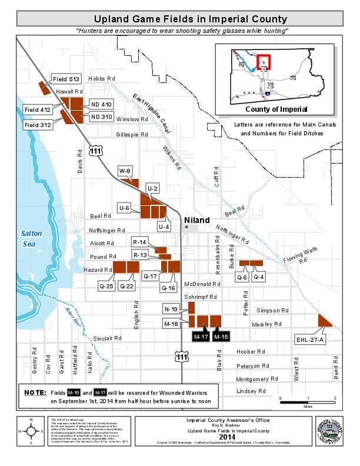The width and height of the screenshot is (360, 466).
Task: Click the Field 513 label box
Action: [x=66, y=79]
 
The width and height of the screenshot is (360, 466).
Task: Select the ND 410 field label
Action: [x=101, y=104]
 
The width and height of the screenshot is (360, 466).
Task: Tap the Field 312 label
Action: [x=37, y=125]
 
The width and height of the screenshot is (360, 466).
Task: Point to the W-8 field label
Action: [x=125, y=171]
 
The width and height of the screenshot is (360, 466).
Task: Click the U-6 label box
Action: [x=124, y=208]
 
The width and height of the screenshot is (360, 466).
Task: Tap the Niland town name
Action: [x=196, y=220]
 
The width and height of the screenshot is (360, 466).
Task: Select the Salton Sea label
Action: [x=30, y=237]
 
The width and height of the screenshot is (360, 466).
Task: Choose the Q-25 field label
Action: [x=106, y=286]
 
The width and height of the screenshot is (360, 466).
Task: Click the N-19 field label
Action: [x=171, y=308]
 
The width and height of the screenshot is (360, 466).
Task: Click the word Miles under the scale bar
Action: [x=324, y=405]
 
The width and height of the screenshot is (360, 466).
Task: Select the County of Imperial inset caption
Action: [x=271, y=109]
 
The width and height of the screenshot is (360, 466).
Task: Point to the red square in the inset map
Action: [x=263, y=61]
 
